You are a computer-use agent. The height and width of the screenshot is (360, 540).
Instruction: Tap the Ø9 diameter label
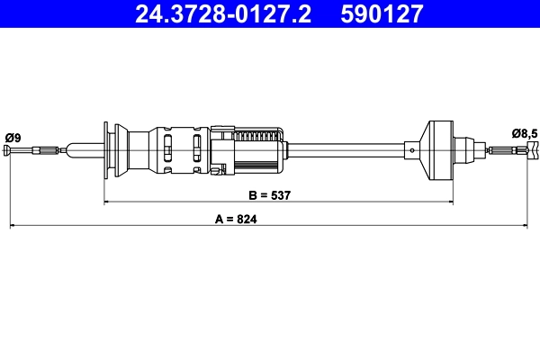coord(13,136)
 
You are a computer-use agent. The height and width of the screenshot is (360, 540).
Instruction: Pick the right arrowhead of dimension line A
coord(533,226)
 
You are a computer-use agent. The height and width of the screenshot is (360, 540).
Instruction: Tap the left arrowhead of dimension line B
coord(109,202)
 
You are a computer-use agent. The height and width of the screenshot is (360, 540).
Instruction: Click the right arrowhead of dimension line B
coord(444,202)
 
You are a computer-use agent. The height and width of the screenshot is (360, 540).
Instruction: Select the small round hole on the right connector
coord(411,150)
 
